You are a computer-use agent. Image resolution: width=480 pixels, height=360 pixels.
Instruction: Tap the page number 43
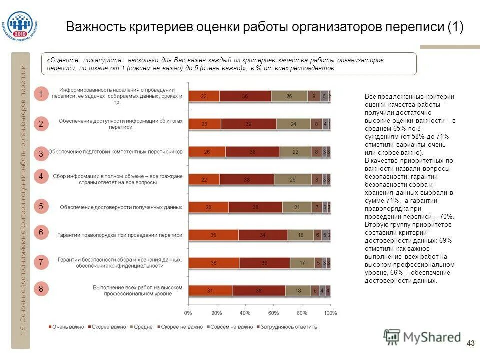[x=470, y=343]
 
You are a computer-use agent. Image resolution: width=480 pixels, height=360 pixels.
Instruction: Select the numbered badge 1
[x=41, y=94]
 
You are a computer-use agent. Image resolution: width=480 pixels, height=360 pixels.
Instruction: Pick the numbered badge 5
[x=41, y=206]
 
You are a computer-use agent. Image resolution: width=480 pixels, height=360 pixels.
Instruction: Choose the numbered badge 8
[x=41, y=289]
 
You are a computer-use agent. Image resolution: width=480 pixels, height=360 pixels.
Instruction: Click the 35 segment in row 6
[x=213, y=235]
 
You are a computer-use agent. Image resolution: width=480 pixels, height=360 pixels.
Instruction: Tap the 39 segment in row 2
[x=249, y=124]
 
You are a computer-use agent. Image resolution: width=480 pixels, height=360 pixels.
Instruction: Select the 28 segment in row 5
[x=208, y=207]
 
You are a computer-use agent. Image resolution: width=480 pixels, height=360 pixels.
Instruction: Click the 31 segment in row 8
[x=210, y=290]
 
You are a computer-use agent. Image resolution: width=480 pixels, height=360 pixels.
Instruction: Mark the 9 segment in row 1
[x=314, y=96]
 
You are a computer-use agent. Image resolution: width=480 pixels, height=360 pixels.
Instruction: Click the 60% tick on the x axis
[x=273, y=313]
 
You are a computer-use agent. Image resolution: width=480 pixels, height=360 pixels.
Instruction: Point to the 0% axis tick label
[x=188, y=313]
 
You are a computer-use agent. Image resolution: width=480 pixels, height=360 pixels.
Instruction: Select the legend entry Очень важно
[x=68, y=327]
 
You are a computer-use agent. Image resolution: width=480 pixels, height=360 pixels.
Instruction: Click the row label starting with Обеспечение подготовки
[x=115, y=151]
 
